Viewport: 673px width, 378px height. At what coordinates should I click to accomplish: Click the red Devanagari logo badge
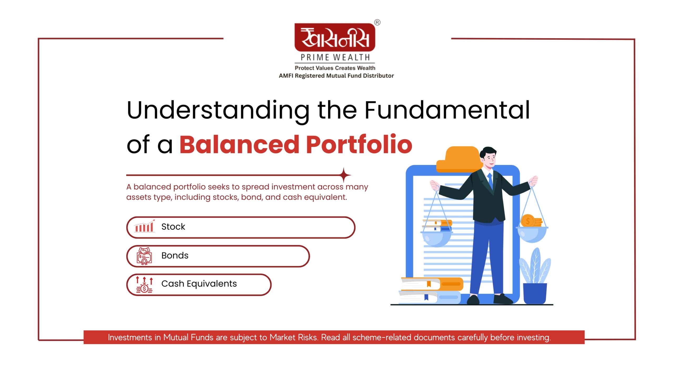[335, 37]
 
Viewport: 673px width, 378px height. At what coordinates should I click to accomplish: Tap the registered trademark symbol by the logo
[377, 22]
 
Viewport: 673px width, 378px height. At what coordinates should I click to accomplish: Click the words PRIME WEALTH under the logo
[335, 57]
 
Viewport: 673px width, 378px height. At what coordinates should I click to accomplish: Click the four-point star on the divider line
[344, 175]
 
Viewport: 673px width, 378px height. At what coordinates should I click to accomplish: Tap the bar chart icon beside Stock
[144, 226]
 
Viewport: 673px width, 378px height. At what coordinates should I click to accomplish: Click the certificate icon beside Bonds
[144, 256]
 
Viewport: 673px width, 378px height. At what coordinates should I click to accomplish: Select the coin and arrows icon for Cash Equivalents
[144, 285]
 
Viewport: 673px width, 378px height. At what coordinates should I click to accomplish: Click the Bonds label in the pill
[175, 255]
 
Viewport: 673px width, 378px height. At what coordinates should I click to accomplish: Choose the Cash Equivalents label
[199, 284]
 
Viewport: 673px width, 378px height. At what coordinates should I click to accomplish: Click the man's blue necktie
[490, 181]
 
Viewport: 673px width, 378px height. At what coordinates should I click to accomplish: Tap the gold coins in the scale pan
[531, 221]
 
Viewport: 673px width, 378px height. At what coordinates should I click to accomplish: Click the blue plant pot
[535, 293]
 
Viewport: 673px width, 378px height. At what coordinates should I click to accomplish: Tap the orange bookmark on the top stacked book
[429, 284]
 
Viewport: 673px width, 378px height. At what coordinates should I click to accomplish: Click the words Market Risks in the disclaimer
[293, 337]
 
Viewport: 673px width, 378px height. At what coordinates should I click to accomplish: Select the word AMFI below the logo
[286, 76]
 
